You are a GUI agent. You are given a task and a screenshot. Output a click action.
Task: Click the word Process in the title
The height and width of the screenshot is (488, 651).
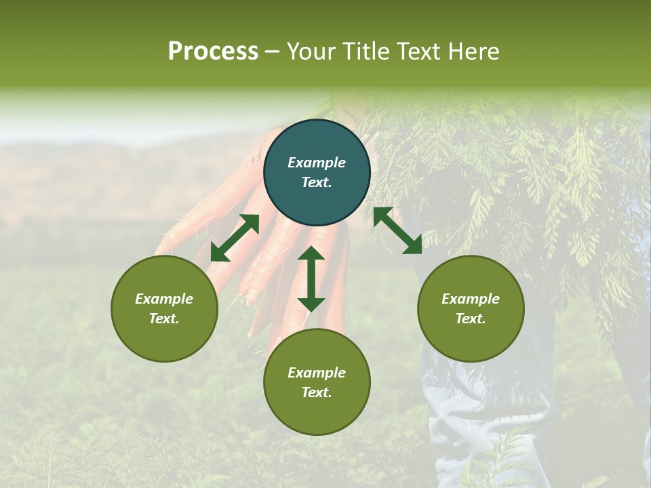(x=213, y=52)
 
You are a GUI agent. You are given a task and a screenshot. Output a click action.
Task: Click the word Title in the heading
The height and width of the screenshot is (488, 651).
(x=367, y=52)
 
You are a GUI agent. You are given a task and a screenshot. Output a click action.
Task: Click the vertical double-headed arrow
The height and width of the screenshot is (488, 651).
(x=311, y=279)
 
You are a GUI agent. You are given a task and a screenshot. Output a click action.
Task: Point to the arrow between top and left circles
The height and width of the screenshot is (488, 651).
(x=235, y=238)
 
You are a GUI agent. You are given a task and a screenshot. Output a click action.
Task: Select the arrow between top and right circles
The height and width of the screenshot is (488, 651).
(x=397, y=230)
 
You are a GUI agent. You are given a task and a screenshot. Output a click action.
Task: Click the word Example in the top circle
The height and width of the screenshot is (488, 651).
(x=317, y=163)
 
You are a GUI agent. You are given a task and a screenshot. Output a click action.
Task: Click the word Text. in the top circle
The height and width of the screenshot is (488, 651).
(x=317, y=182)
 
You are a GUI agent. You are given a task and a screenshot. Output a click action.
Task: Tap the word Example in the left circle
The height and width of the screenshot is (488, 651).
(x=164, y=299)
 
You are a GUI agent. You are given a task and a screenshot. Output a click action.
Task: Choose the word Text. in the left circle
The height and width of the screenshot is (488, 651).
(x=164, y=319)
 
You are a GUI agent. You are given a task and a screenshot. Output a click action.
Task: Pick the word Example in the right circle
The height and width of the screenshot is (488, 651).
(x=471, y=299)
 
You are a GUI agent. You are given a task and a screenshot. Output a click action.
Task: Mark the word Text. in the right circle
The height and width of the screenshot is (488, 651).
(x=471, y=319)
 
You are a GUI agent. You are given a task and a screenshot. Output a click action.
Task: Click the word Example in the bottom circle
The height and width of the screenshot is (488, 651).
(x=317, y=373)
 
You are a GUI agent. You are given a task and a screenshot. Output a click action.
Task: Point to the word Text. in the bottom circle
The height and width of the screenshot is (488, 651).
(x=317, y=392)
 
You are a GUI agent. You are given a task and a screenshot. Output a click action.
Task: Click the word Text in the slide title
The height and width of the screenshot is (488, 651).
(x=418, y=52)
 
